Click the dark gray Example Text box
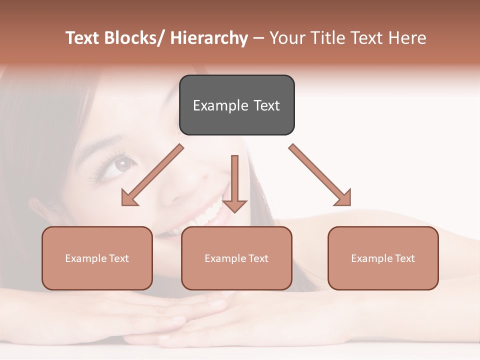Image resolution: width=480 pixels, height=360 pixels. point(236,105)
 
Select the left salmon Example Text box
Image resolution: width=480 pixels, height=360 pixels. point(97,258)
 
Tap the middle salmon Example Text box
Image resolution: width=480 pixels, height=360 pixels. point(236,258)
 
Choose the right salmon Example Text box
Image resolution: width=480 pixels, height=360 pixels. point(383,258)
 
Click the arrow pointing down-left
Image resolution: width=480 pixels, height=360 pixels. point(152,175)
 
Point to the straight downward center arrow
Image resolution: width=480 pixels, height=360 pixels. point(234,183)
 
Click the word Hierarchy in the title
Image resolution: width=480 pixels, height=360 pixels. point(209,38)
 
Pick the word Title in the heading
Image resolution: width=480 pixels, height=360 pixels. point(326,38)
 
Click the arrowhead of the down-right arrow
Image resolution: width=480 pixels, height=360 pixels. point(343,198)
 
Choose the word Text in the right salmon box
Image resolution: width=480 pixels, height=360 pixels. point(405,258)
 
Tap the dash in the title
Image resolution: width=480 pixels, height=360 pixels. point(258,38)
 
